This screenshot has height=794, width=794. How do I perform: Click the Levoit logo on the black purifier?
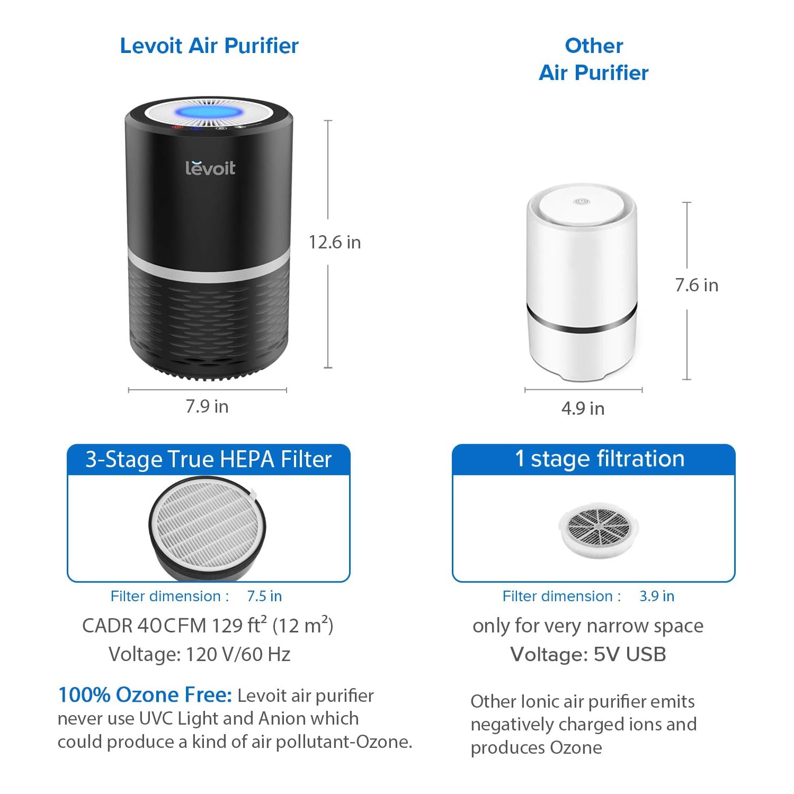point(210,167)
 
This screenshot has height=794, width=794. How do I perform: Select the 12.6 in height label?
point(334,242)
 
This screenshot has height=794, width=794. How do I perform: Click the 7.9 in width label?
point(207,406)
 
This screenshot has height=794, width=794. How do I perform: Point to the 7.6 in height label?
point(696,285)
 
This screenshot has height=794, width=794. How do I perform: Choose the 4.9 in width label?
point(583,408)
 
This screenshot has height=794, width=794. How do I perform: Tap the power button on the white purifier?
point(581,202)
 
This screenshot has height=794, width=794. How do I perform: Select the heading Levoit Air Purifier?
point(209,46)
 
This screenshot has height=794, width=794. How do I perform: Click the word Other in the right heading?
point(594,46)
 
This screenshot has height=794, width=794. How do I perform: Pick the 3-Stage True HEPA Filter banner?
point(208,459)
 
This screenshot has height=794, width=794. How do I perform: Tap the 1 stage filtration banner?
point(599,459)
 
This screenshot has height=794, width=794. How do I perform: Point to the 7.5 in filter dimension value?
point(264,596)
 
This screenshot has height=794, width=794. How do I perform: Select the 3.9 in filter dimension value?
point(657,596)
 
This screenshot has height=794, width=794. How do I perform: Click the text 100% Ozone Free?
point(145,694)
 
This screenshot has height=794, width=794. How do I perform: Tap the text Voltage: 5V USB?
point(588,654)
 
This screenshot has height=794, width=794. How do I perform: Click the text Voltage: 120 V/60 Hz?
point(199,654)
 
